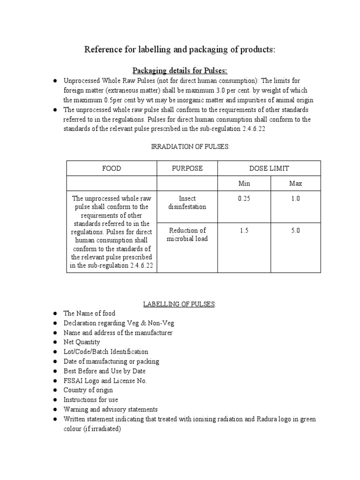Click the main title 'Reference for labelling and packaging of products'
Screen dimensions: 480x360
[180, 50]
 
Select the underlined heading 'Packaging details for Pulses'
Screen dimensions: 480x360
[180, 70]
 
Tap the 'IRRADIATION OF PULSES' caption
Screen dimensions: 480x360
[190, 147]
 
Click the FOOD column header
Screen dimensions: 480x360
[112, 168]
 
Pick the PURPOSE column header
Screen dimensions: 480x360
[187, 168]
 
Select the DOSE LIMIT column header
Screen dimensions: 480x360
[269, 168]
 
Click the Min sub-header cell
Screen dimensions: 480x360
[244, 183]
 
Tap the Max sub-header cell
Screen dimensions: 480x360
[295, 183]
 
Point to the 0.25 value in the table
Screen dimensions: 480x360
[244, 198]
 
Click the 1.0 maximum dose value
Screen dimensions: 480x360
[295, 198]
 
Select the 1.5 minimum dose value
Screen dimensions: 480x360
[244, 230]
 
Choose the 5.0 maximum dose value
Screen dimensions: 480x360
[295, 230]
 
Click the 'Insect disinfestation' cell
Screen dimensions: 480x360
[187, 202]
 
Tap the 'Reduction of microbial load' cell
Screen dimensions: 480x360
[187, 234]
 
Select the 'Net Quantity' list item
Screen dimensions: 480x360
[82, 342]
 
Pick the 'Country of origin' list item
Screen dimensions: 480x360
[88, 390]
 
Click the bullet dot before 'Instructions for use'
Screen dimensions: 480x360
[55, 400]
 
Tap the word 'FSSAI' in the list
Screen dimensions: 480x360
[74, 381]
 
